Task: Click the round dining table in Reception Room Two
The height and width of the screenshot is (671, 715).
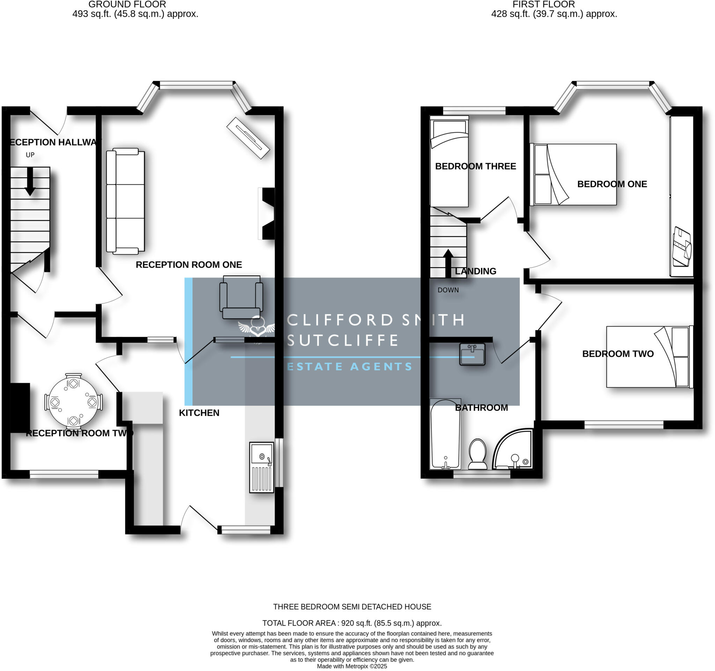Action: pos(73,402)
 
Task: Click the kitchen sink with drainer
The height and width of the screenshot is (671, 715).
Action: pos(261,467)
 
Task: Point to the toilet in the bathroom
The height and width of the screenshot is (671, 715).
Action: pos(478,454)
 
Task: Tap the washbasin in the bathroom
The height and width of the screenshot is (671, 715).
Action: pos(472,354)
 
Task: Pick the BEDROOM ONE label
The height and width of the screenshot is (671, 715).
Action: pos(612,184)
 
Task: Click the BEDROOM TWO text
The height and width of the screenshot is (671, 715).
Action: pos(618,354)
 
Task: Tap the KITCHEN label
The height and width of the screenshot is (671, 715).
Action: pos(199,413)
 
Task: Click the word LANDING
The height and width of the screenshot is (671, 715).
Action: pos(475,271)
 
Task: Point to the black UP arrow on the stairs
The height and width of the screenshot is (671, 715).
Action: pos(30,181)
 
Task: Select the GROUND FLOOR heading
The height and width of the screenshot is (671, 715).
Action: pos(127,5)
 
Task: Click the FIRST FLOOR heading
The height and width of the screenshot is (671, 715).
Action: pos(544,5)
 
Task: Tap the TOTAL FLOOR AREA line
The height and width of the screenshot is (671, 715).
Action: pos(352,623)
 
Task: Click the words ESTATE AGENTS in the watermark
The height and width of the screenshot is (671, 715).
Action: pos(349,367)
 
